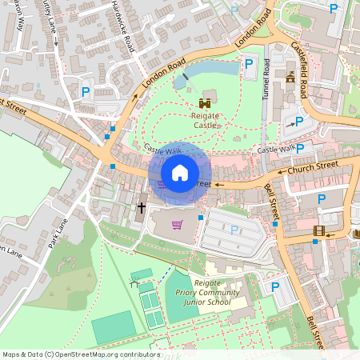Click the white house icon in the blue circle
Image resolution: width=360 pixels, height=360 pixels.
coord(180,173)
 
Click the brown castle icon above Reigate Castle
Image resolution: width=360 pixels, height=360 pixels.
coord(206,102)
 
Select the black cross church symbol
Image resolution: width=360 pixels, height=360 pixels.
coord(142,208)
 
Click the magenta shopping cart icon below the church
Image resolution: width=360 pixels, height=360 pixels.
coord(177,224)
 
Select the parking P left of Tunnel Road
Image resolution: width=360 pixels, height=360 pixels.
coord(248,63)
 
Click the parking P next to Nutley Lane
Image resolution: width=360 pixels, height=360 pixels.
coord(86,92)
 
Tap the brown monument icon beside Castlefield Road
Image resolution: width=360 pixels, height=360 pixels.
coord(290,78)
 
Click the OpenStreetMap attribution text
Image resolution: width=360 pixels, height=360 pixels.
coord(80,354)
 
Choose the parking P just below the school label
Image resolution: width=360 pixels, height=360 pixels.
coord(275,287)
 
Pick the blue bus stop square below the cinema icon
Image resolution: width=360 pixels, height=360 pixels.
coord(315,242)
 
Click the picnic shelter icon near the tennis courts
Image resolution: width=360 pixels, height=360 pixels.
coord(135,275)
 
